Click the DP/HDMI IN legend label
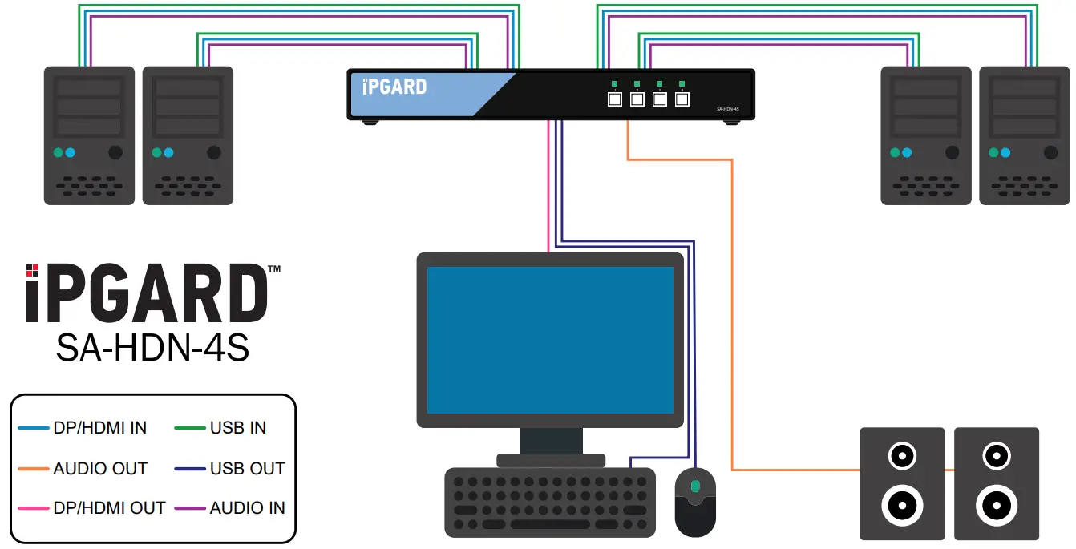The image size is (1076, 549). point(99,428)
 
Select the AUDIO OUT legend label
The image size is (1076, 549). point(100,469)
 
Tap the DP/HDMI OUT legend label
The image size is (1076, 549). point(109,508)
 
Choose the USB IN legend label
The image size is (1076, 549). point(237,428)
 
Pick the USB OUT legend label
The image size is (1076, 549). point(247,469)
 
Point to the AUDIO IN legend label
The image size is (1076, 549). point(247,508)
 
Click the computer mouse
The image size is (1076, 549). point(695,503)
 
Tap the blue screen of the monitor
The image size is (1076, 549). point(550,340)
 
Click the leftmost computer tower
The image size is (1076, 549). point(89,135)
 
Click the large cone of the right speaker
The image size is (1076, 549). point(997,507)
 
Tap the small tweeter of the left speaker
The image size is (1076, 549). point(902,457)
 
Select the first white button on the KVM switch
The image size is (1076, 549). point(615,100)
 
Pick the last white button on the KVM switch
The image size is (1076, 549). point(682,100)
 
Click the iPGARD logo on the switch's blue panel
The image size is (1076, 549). point(394,87)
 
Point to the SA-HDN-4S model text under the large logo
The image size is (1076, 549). point(152,348)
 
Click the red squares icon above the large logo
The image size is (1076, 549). point(32,270)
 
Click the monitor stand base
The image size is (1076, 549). point(550,460)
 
